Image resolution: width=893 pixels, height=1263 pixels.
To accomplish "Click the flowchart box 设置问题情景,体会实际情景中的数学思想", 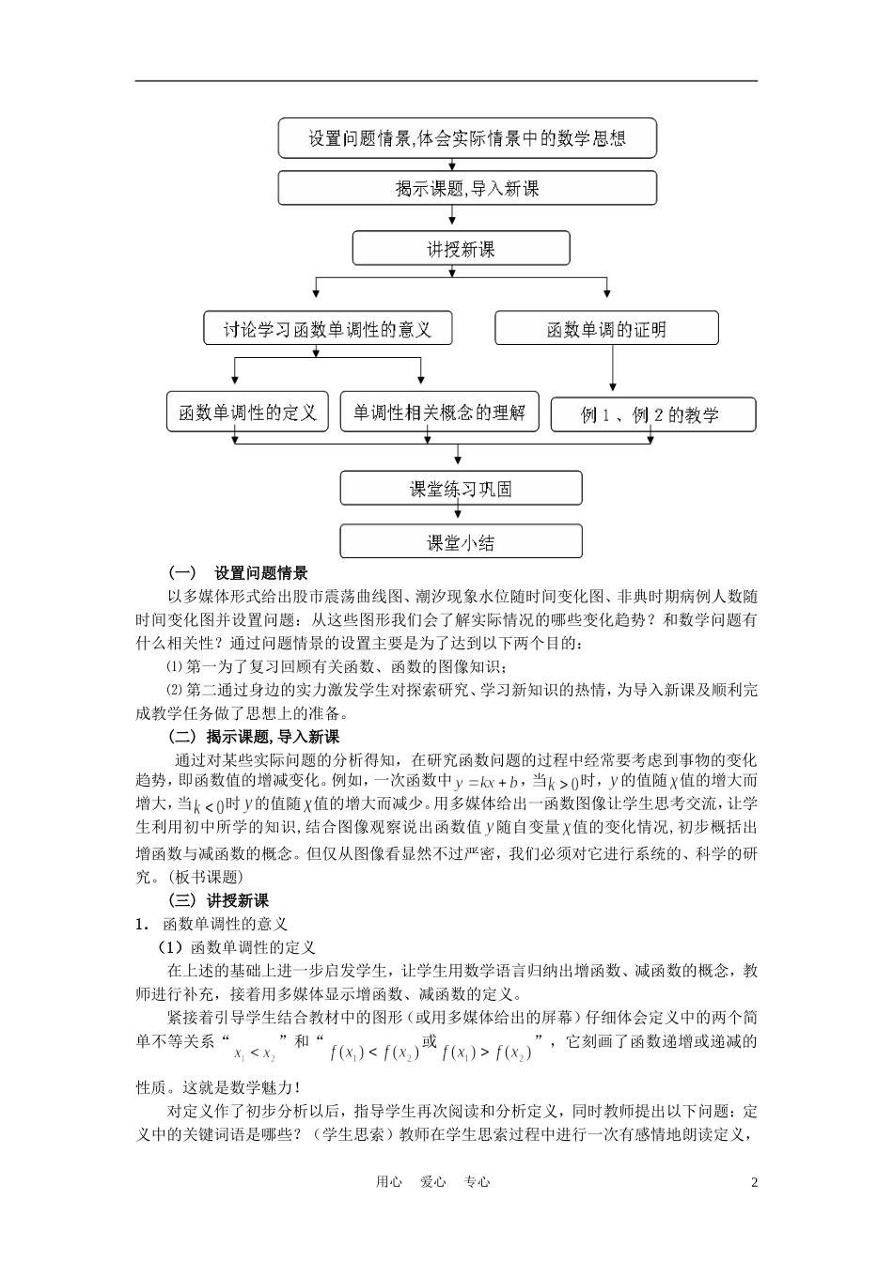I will click(467, 139).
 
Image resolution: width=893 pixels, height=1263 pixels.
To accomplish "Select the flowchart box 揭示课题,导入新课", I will click(467, 189).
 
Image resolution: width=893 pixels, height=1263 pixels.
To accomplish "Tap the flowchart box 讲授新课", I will click(461, 249).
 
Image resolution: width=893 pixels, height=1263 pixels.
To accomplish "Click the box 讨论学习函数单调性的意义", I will click(326, 329).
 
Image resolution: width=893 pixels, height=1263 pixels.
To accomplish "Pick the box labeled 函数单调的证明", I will click(606, 329).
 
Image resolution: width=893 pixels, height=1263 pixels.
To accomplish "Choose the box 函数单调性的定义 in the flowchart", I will click(248, 413).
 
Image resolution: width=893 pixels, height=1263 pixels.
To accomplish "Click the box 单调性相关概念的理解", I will click(439, 413).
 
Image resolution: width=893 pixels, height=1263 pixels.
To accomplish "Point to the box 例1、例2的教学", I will click(652, 414).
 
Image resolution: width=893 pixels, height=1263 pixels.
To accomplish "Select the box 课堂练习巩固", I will click(461, 489).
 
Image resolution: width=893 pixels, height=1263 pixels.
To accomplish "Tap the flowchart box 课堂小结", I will click(461, 542).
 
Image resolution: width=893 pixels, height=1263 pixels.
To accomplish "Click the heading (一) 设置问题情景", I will click(238, 573).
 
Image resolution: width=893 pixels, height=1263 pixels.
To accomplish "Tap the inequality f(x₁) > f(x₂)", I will click(487, 1052).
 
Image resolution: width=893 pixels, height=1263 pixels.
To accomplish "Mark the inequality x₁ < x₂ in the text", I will click(255, 1052).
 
